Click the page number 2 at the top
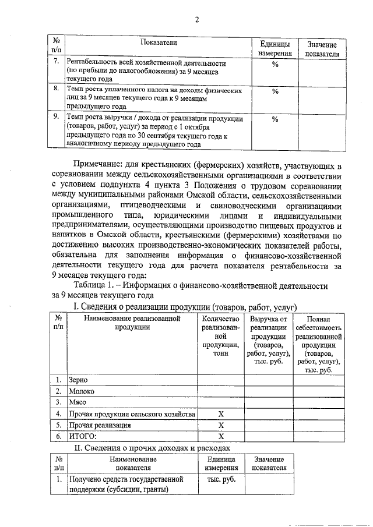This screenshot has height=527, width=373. pos(196,20)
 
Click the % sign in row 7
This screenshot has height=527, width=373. pos(275,63)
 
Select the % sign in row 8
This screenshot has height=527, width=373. pos(275,91)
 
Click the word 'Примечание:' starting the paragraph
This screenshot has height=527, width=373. pos(98,168)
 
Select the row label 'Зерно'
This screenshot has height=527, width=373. pos(79,380)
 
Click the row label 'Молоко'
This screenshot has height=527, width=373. pos(82,391)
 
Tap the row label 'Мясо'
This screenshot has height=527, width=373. pos(79,402)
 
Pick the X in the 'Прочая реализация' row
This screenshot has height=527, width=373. pos(221,425)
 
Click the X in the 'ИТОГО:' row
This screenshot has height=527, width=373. pos(221,436)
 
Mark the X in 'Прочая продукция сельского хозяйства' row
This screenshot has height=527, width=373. pos(221,413)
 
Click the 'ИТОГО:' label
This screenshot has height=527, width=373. pos(83,436)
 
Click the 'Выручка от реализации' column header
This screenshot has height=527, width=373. pos(268,340)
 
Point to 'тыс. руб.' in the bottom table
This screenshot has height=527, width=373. pos(221,480)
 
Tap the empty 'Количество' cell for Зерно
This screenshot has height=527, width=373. pos(221,380)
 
